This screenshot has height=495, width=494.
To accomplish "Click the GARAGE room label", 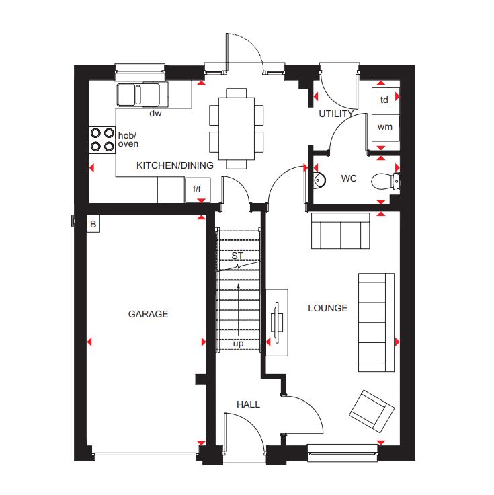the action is pos(148,314).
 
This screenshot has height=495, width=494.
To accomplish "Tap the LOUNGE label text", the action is pos(328,308).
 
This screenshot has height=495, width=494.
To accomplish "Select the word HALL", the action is pos(248,404).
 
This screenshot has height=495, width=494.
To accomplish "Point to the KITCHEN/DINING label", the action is pos(175,165).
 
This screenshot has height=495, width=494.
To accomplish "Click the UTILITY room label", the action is pos(336,114).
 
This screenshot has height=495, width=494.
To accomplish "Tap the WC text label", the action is pos(349,178).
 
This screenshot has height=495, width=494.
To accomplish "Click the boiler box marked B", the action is pos(93,224).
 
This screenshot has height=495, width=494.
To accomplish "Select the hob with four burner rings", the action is pos(102,140).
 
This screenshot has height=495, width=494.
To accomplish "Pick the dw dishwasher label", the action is pos(155,113).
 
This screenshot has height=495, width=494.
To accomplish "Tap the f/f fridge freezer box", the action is pos(197,190).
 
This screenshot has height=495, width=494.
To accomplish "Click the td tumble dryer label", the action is pos(384,100).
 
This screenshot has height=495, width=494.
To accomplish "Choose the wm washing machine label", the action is pos(385,127).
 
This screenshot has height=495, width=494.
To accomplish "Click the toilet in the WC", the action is pos(386,182).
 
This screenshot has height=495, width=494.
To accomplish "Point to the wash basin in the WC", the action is pos(319,180).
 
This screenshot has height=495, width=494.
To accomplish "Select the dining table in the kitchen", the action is pos(237,129).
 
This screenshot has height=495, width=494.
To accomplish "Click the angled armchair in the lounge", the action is pos(372,412).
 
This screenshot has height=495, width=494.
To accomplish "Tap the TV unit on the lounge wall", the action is pos(277,322).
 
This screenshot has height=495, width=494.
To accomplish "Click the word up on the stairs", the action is pos(238,344).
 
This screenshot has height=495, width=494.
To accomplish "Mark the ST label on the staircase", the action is pos(237,256).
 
